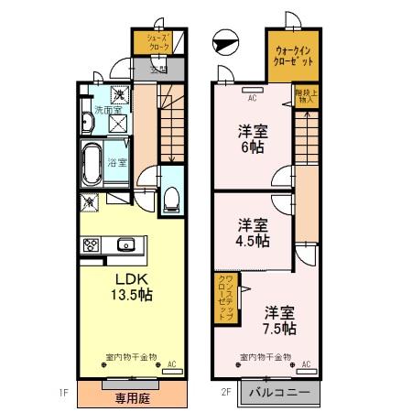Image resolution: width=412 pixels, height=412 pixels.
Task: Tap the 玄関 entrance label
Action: tap(157, 69)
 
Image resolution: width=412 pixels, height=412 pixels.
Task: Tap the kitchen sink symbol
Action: tap(125, 244)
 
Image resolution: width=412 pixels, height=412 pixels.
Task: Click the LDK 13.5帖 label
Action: tap(132, 286)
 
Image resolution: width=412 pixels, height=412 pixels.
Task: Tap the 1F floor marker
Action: tap(64, 394)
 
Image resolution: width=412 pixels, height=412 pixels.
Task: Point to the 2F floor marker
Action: tap(225, 394)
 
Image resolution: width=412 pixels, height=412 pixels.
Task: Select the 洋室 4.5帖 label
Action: tap(253, 233)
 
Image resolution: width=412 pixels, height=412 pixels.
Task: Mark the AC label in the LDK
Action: tap(171, 364)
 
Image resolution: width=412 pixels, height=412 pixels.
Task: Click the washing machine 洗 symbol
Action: tap(120, 94)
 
